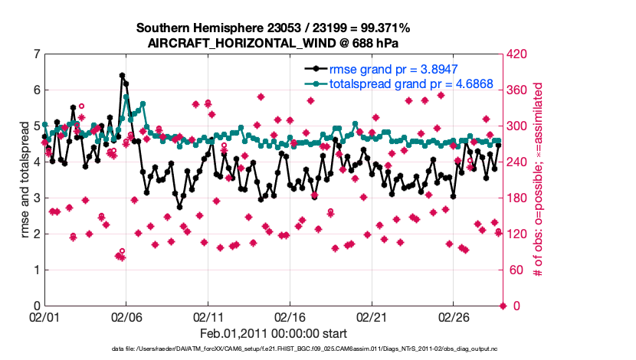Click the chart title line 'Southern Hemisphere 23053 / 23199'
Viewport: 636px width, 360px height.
(274, 28)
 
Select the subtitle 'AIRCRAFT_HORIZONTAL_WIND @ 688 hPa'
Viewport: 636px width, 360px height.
(274, 43)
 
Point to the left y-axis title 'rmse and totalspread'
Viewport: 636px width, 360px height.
(25, 179)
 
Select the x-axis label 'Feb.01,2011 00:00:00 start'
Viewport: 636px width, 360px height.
(274, 333)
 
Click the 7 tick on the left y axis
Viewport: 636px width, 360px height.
(35, 54)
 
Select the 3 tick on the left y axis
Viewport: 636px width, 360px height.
(35, 198)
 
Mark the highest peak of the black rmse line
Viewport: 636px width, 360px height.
(122, 75)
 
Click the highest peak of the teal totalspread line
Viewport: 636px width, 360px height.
(126, 97)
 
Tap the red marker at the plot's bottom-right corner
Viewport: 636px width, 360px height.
(503, 306)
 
